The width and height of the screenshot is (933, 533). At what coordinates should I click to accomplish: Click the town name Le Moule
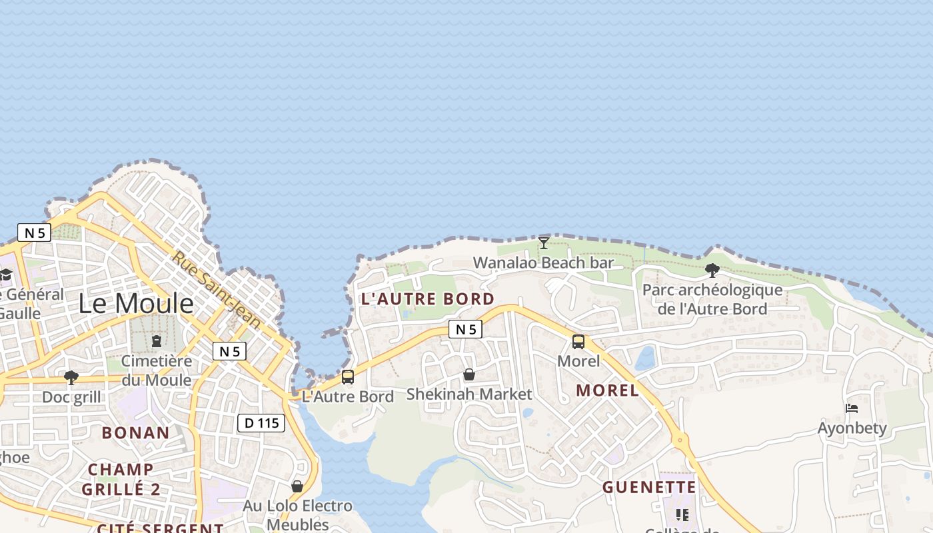coord(136,304)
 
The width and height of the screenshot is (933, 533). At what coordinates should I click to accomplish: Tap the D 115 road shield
coord(261,422)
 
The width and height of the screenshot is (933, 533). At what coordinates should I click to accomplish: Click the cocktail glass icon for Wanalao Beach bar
coord(544,243)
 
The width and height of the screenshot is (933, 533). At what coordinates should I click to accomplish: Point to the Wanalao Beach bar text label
coord(543,263)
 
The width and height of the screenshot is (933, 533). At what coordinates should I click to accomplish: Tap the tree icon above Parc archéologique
coord(712,270)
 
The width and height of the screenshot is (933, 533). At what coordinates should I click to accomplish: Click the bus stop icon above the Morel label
coord(578,342)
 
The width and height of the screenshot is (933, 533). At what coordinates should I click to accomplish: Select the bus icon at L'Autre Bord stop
coord(348,377)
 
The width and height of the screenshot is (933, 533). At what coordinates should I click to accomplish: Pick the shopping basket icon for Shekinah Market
coord(469,375)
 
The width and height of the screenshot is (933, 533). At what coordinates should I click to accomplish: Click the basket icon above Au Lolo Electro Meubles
coord(297,487)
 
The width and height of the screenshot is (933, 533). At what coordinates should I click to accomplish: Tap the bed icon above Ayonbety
coord(852,408)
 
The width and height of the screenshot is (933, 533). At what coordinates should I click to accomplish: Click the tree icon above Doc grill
coord(71,378)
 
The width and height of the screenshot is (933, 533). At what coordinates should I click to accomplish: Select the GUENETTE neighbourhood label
coord(649,488)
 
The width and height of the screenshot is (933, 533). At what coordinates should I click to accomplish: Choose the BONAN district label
coord(136,432)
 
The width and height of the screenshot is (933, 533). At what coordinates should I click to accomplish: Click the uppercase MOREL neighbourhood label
coord(607,390)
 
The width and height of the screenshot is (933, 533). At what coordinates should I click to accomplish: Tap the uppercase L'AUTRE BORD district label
coord(428,299)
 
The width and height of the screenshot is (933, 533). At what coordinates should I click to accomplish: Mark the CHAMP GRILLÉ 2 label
coord(121,479)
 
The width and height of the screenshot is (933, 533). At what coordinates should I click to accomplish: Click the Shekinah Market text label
coord(469,394)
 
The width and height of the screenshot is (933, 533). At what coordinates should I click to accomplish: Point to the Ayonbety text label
coord(852,428)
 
